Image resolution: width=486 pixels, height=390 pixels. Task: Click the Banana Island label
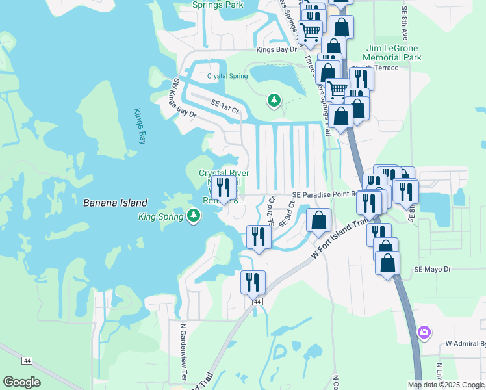[x=115, y=203]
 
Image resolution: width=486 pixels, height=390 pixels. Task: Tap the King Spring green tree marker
[x=193, y=216]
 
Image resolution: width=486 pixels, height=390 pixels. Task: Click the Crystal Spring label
[x=227, y=76]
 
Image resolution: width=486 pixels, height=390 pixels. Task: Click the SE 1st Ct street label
[x=225, y=107]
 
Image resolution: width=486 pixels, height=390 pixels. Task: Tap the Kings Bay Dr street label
[x=276, y=49]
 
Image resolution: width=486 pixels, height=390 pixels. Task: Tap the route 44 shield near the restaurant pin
[x=257, y=302]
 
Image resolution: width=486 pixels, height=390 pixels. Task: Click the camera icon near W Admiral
[x=424, y=333]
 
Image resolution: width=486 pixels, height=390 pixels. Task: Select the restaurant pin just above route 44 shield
[x=253, y=282]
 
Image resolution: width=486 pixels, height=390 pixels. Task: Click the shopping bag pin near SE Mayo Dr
[x=387, y=263]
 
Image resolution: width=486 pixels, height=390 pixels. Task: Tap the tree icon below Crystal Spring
[x=274, y=99]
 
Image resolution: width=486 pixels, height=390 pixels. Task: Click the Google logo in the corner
[x=21, y=382]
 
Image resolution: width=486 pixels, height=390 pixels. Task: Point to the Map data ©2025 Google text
[x=446, y=385]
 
